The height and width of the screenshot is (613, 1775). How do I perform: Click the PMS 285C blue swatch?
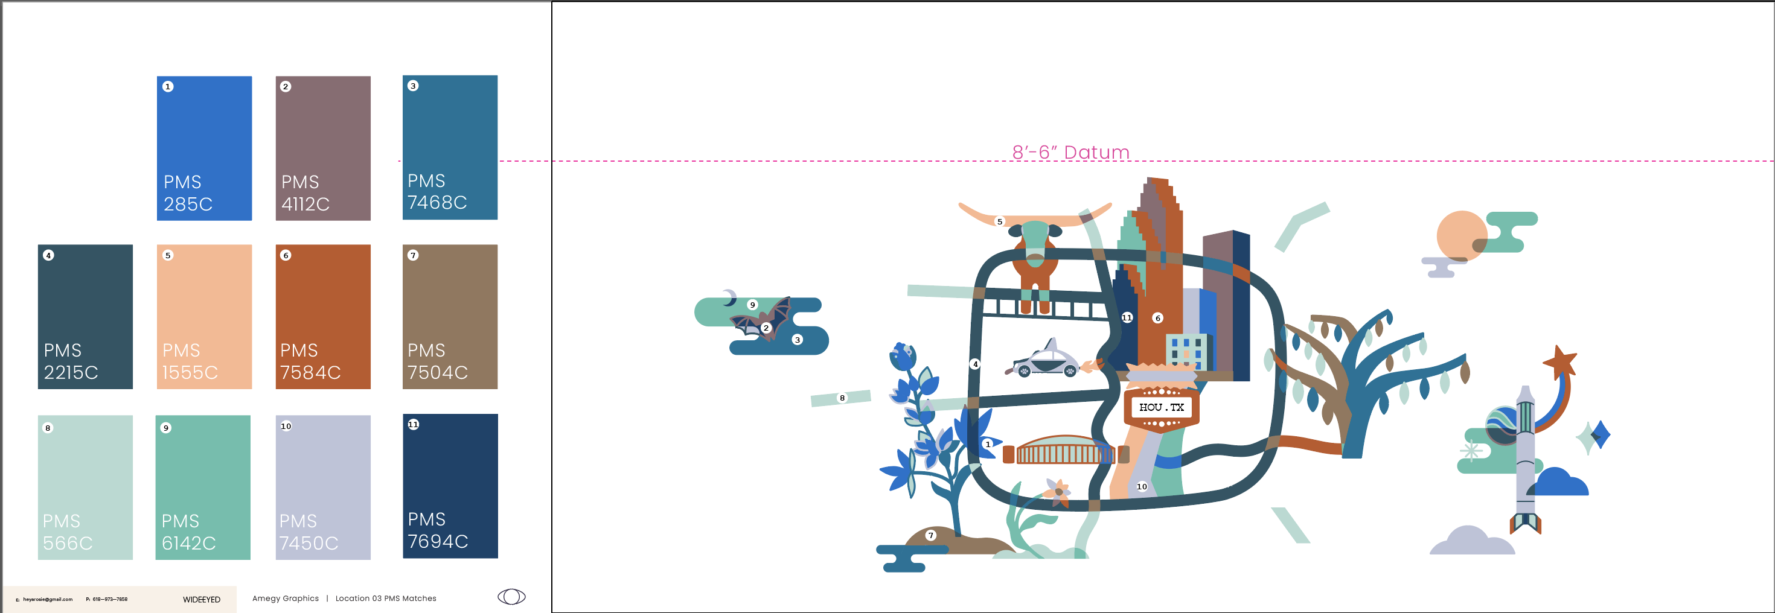click(x=204, y=148)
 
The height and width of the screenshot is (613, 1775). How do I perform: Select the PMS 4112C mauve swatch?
click(x=322, y=148)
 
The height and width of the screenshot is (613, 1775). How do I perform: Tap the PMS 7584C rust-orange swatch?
click(x=322, y=317)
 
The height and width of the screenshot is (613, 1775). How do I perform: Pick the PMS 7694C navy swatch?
click(x=450, y=486)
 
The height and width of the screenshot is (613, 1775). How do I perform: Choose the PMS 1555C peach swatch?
click(x=204, y=317)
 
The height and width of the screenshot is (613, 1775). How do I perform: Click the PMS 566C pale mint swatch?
click(x=85, y=487)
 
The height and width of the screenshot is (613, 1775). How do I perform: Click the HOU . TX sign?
click(x=1161, y=408)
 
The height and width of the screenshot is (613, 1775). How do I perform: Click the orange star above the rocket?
click(x=1559, y=360)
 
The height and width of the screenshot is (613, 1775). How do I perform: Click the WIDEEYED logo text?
click(x=201, y=599)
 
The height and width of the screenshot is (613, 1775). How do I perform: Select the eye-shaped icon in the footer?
click(x=511, y=597)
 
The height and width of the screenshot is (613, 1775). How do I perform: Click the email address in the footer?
click(x=48, y=599)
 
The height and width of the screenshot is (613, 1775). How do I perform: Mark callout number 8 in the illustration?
click(x=842, y=398)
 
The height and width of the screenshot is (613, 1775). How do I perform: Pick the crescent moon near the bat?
click(x=730, y=297)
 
